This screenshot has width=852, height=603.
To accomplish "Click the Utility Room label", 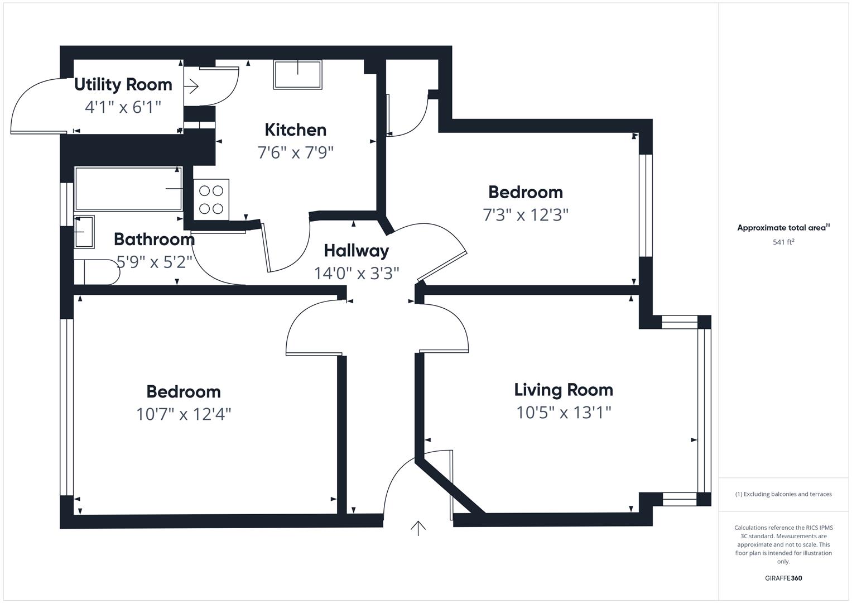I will pos(123,85).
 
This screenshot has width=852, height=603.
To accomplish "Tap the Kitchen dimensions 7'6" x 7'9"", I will pos(295,152).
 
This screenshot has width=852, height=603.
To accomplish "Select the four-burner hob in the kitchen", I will pos(211,199).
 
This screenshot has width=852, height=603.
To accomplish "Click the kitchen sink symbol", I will pos(297,75).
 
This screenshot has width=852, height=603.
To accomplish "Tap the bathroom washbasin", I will pos(84,231).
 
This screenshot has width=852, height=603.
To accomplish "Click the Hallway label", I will pos(356,251).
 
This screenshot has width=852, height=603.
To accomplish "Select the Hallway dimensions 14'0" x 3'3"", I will pos(356,274).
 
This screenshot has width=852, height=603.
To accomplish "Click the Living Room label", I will pos(563,390).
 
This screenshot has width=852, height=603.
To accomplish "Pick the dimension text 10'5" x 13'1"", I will pos(563,413).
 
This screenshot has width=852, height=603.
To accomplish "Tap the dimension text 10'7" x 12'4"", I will pos(184,414).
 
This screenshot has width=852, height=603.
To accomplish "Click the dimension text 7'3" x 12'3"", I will pos(525,215).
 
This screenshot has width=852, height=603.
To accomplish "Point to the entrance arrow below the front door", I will pos(418,528).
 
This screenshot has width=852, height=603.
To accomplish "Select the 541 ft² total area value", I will pos(783,242).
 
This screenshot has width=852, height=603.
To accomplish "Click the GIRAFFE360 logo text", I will pos(783,578).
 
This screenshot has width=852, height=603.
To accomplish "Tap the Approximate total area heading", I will pos(783,228).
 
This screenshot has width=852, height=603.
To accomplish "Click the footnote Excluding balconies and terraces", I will pos(783,494).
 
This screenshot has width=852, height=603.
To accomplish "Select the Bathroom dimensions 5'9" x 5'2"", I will pos(154,262).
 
